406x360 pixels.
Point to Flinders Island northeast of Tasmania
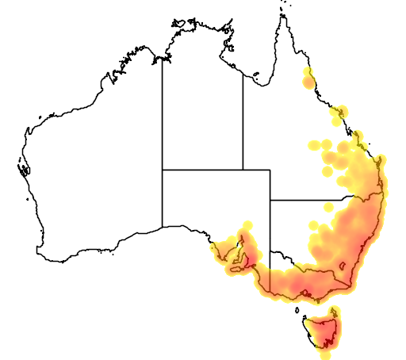[334, 310]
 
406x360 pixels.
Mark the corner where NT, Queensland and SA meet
[243, 170]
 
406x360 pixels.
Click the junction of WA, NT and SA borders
[163, 170]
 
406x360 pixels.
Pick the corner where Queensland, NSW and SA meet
[270, 200]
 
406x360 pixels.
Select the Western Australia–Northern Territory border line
[163, 119]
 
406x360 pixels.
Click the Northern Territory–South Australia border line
[202, 170]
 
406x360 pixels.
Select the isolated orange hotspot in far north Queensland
[308, 80]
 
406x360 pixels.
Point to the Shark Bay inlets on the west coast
[23, 167]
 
